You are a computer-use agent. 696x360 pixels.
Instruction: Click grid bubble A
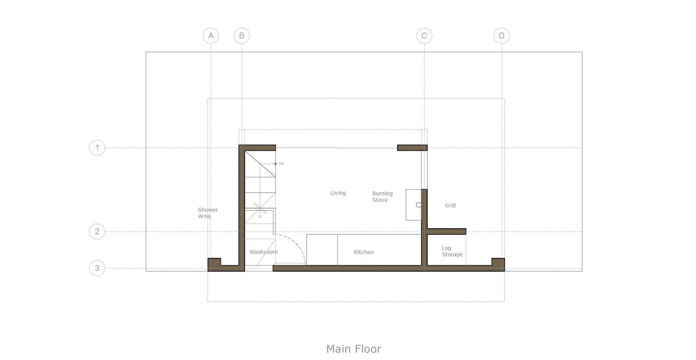click(211, 36)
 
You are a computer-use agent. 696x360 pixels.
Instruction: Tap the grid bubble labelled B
click(242, 36)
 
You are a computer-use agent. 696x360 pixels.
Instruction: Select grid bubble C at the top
click(424, 36)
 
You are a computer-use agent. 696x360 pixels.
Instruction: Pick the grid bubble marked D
click(502, 36)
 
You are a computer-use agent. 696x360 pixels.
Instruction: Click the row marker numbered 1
click(97, 147)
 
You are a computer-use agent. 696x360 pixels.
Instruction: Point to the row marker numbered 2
click(97, 231)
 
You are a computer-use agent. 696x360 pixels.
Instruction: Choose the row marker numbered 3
click(97, 268)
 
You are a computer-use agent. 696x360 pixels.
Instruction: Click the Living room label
click(338, 193)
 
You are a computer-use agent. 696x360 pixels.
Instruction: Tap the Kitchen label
click(364, 252)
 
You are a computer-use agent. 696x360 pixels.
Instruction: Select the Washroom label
click(264, 252)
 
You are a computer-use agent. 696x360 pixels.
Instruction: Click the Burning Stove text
click(382, 197)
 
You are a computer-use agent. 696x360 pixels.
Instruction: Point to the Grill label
click(450, 205)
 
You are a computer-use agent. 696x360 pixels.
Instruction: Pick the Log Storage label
click(452, 251)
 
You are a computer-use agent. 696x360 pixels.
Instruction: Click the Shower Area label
click(208, 213)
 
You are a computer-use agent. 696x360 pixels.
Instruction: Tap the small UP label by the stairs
click(281, 163)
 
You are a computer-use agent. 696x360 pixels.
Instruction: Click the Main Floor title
click(354, 349)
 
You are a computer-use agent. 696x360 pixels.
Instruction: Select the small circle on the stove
click(418, 205)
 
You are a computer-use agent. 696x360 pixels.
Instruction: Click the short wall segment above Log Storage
click(446, 231)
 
